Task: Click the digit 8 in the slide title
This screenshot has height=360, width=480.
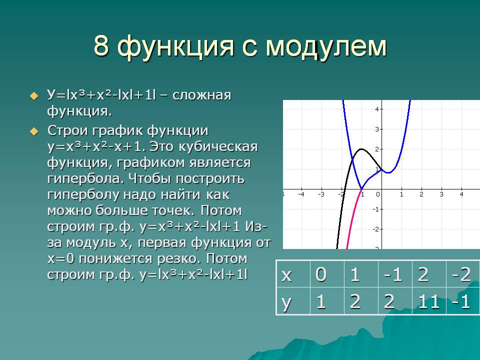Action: [x=101, y=46]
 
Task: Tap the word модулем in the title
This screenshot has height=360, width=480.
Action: [x=326, y=47]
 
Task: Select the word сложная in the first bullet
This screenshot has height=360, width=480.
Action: [x=201, y=95]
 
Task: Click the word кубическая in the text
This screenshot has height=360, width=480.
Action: [x=218, y=146]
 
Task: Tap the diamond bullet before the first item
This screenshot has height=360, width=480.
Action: [x=34, y=96]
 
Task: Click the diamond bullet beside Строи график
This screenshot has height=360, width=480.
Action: [x=34, y=132]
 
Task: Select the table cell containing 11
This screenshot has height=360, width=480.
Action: [x=429, y=301]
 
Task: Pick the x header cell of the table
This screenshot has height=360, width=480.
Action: [x=293, y=274]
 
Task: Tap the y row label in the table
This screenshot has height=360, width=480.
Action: [x=293, y=301]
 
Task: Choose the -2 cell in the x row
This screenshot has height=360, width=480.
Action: [x=462, y=274]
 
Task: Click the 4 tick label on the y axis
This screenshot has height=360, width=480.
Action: [x=377, y=109]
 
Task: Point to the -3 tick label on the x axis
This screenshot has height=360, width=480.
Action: [x=321, y=194]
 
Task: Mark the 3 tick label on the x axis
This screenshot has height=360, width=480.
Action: [x=441, y=194]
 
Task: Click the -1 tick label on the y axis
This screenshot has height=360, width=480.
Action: [x=376, y=209]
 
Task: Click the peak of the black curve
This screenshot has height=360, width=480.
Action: [x=362, y=149]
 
